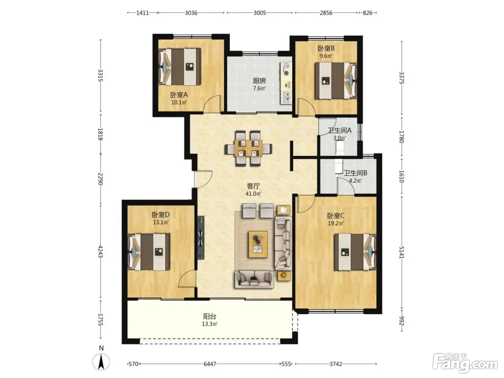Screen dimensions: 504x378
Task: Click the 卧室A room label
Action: click(179, 95)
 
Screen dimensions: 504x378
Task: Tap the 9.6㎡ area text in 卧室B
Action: click(326, 56)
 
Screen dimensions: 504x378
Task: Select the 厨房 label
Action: click(260, 81)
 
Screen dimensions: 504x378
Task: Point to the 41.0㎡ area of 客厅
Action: click(253, 194)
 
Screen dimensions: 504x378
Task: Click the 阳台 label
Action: click(210, 317)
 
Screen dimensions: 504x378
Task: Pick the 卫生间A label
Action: click(339, 130)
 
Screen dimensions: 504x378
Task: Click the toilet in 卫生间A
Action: click(339, 147)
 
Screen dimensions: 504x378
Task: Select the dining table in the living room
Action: click(248, 148)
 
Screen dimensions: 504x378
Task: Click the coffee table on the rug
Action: click(258, 244)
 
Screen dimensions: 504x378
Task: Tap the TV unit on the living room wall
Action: click(201, 238)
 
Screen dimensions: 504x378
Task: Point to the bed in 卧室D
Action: click(149, 252)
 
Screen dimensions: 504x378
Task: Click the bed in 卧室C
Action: click(355, 252)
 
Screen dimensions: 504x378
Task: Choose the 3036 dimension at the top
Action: click(191, 13)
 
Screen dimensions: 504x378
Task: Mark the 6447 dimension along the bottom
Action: click(210, 364)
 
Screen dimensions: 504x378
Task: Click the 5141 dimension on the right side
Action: click(401, 252)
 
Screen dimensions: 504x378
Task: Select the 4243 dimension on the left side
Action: click(100, 251)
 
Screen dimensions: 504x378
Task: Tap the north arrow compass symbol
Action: click(101, 362)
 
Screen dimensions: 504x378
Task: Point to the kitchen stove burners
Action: click(286, 69)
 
